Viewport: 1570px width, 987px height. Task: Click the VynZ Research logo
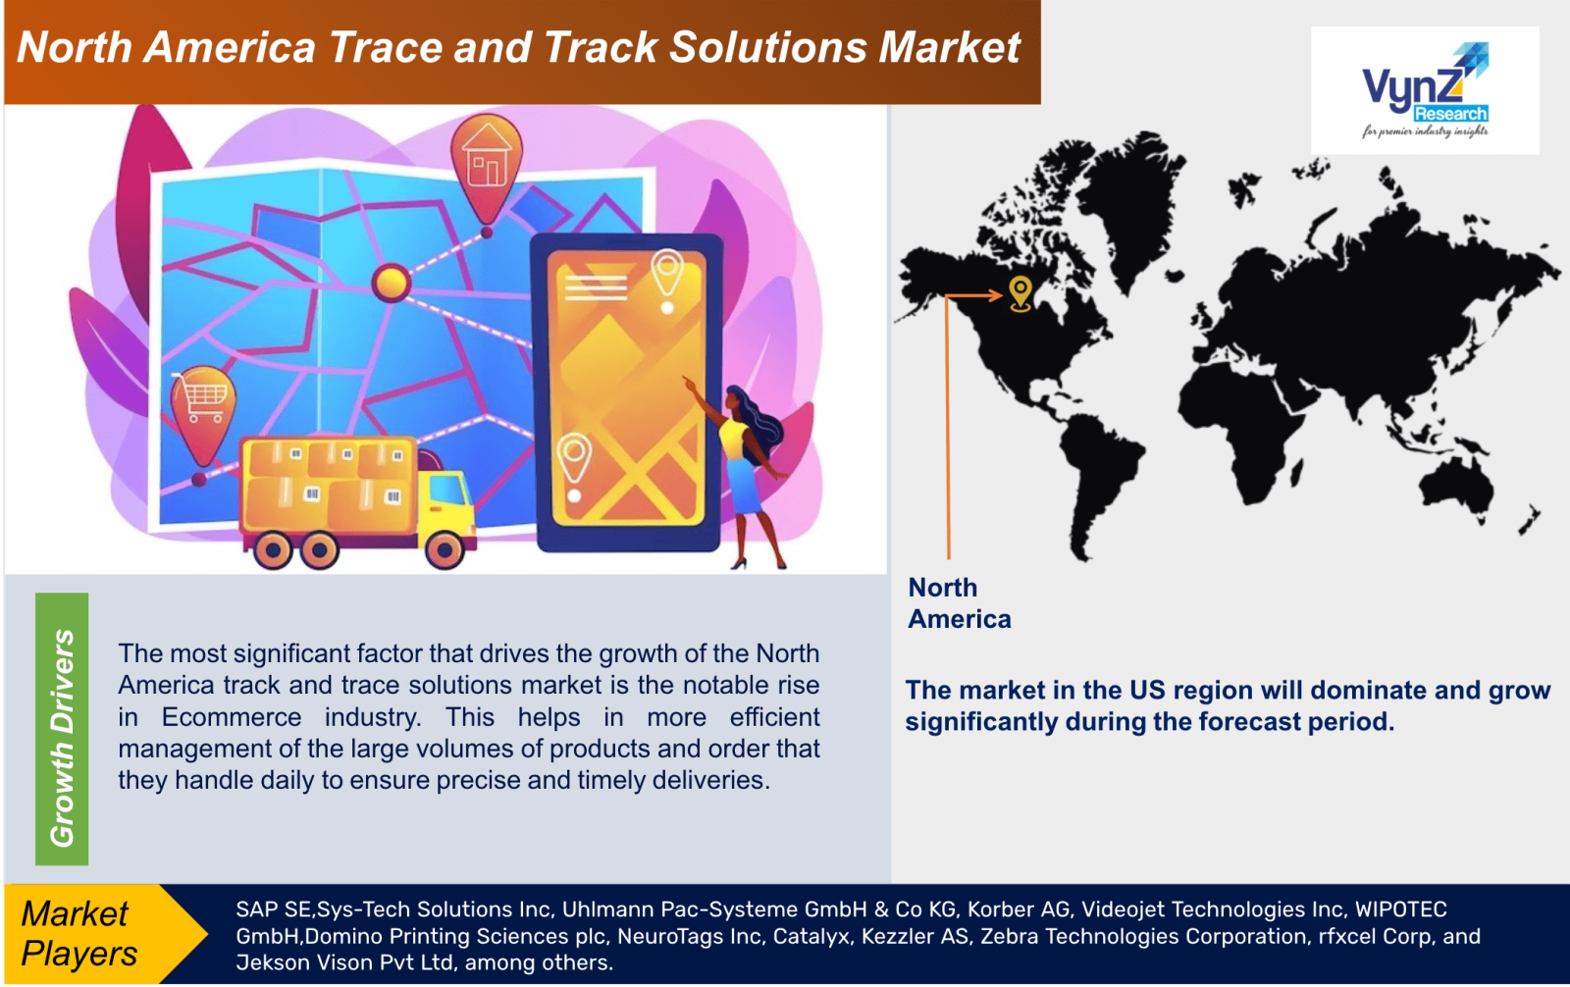click(1425, 90)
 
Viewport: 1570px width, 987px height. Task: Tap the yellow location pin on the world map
click(1020, 292)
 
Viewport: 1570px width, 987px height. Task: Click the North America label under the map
click(959, 602)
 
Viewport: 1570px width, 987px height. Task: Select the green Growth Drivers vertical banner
click(62, 729)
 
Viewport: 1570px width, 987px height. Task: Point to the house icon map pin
click(487, 168)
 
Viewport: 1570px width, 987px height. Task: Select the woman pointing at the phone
click(750, 471)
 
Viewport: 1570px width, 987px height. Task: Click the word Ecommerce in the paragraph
click(232, 717)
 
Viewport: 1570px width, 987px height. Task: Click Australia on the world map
click(1453, 480)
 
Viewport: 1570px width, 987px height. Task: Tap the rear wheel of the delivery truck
click(274, 551)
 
